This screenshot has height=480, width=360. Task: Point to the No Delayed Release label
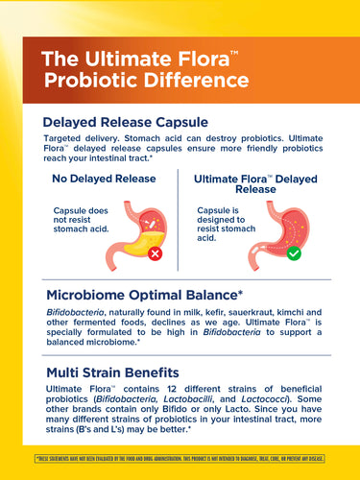pyautogui.click(x=106, y=178)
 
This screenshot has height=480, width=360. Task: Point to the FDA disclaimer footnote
pyautogui.click(x=180, y=459)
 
